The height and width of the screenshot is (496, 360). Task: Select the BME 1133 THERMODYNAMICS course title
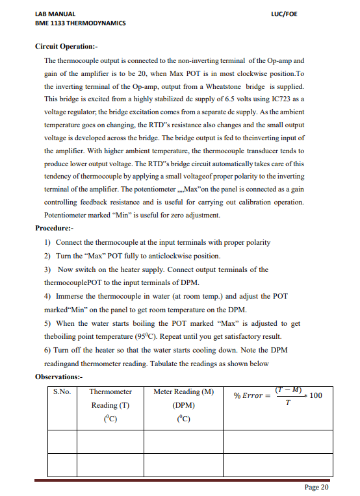pos(80,23)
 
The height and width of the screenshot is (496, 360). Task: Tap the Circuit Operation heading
pos(67,47)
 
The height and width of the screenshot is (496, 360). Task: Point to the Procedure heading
pos(55,229)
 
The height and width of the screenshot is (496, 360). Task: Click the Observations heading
pos(60,377)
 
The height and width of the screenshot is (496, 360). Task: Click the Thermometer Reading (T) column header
pos(110,405)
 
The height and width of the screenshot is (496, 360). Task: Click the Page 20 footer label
pos(316,487)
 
